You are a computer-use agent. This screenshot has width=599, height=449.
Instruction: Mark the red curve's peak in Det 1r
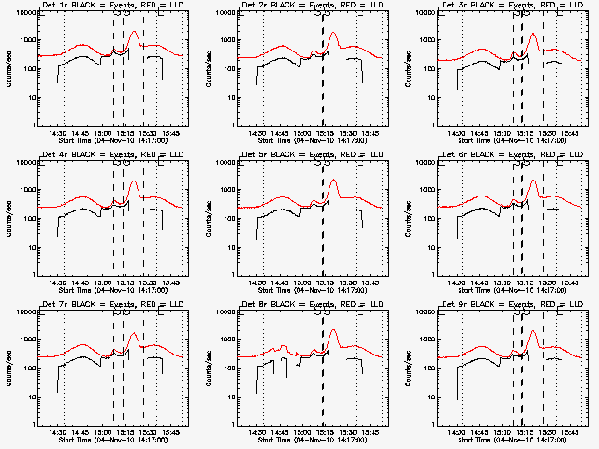tap(134, 32)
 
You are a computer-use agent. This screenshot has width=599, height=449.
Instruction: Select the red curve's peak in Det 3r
tap(533, 35)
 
